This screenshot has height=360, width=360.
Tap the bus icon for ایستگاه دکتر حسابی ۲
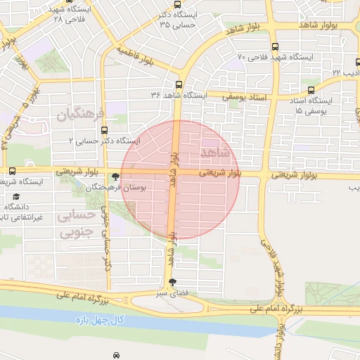pyautogui.click(x=105, y=130)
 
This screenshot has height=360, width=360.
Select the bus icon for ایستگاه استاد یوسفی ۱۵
pyautogui.click(x=311, y=90)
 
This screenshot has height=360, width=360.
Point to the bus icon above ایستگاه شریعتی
pyautogui.click(x=12, y=172)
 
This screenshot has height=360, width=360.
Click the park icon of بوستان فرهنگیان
pyautogui.click(x=115, y=177)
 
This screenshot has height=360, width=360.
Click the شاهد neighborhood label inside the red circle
pyautogui.click(x=215, y=152)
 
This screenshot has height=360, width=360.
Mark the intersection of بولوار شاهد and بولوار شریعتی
pyautogui.click(x=173, y=172)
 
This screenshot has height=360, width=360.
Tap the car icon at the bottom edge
pyautogui.click(x=115, y=356)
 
